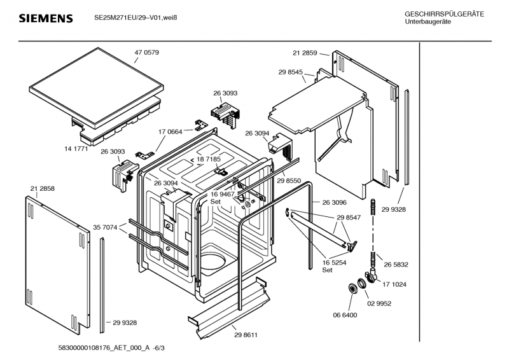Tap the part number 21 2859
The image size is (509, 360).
pos(305,53)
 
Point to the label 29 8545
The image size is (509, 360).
pos(290,73)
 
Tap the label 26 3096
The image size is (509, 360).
pos(334,202)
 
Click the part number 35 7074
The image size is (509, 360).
pos(105,226)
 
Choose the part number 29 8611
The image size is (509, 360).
pos(246,335)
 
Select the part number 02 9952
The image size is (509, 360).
pos(379,303)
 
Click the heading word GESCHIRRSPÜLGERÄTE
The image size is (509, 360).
pos(444,14)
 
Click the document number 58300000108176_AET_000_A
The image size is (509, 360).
pos(92,349)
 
